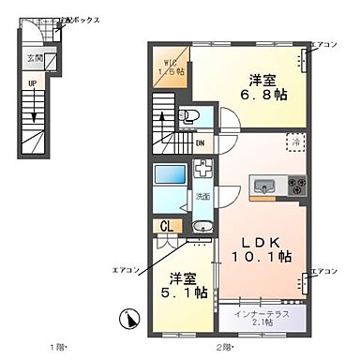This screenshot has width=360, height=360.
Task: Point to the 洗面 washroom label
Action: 202,196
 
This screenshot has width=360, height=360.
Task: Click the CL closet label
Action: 164,226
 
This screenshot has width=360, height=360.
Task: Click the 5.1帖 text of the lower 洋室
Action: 178,290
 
